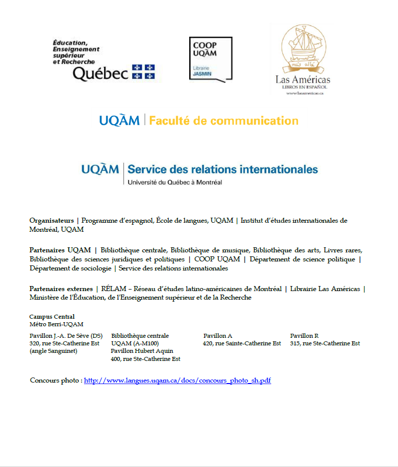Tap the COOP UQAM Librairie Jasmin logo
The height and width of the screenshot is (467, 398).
click(210, 58)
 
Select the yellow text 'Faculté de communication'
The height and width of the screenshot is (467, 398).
click(224, 121)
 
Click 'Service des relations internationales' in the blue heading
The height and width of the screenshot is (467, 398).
click(223, 169)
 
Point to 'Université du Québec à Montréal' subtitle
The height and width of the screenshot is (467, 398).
click(175, 182)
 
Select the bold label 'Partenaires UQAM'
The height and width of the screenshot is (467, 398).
click(60, 250)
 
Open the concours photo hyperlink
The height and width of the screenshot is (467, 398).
click(177, 381)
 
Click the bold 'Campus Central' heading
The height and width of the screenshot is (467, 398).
click(52, 317)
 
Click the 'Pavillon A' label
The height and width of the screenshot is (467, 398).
click(217, 336)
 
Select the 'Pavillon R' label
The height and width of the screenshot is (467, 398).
click(304, 336)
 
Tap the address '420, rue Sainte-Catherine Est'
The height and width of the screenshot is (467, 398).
click(242, 343)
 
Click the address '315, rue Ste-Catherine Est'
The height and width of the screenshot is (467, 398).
click(325, 343)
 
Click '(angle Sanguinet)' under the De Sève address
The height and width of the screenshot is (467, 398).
click(53, 351)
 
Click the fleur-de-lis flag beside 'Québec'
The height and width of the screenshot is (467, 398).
click(143, 71)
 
